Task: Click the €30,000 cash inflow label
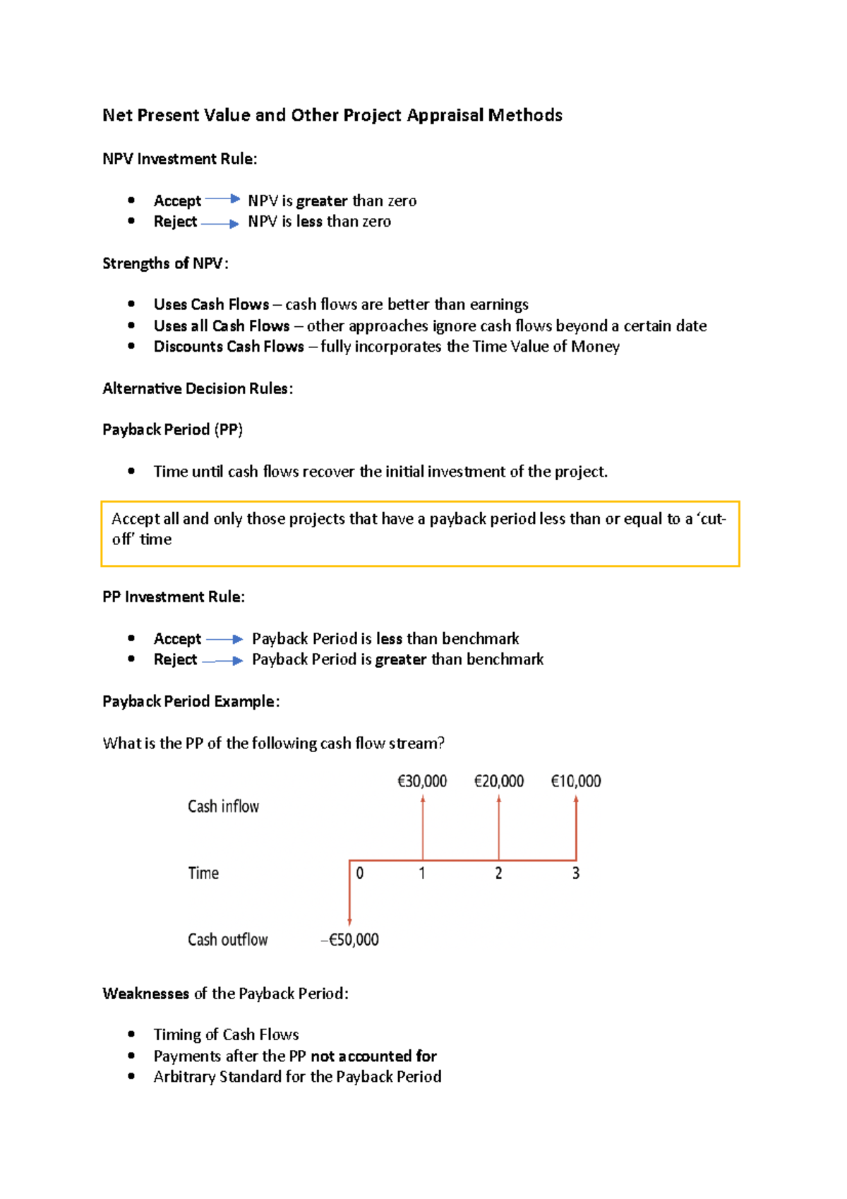(x=422, y=781)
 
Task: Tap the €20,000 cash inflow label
(x=499, y=781)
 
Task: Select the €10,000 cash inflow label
(x=576, y=781)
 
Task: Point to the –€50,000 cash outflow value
(x=350, y=940)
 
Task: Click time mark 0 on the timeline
(x=360, y=873)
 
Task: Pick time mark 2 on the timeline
(x=498, y=873)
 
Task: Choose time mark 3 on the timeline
(x=576, y=873)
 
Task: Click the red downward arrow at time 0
(x=349, y=893)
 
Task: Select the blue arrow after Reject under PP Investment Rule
(x=223, y=661)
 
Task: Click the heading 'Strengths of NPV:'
(x=165, y=263)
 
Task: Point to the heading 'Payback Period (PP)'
(x=172, y=429)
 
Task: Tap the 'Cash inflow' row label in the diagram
(x=223, y=806)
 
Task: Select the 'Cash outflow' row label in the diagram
(x=227, y=940)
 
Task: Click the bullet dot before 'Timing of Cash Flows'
(x=131, y=1034)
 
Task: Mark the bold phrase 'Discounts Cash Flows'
(x=229, y=347)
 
